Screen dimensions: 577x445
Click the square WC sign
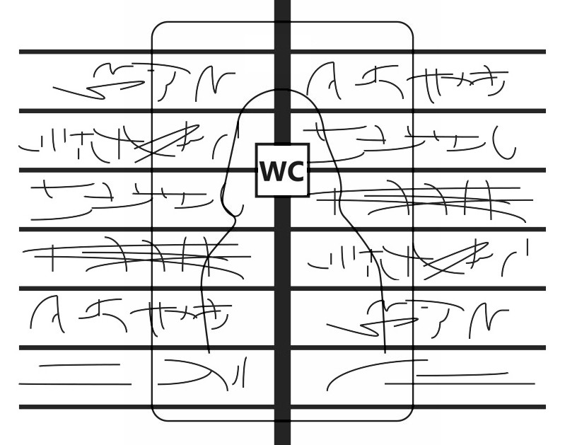point(282,171)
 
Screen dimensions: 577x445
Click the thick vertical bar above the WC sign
point(282,71)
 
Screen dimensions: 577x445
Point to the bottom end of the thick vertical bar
point(282,441)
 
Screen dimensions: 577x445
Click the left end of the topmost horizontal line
point(21,52)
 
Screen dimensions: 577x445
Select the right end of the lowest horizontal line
point(544,407)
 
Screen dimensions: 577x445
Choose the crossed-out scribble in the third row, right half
point(424,200)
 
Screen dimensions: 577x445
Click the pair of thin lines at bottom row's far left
point(74,375)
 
